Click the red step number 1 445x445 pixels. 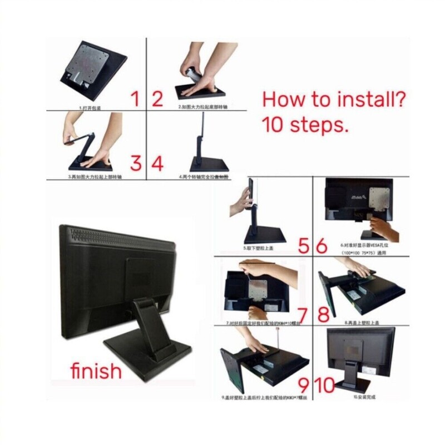click(x=135, y=99)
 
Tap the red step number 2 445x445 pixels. click(x=157, y=99)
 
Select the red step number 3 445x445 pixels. click(x=136, y=163)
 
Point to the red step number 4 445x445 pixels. click(x=157, y=164)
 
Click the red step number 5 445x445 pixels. click(x=304, y=246)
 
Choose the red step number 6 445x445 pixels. click(x=322, y=246)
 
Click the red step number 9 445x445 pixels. click(x=304, y=383)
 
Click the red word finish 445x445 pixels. click(x=96, y=370)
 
